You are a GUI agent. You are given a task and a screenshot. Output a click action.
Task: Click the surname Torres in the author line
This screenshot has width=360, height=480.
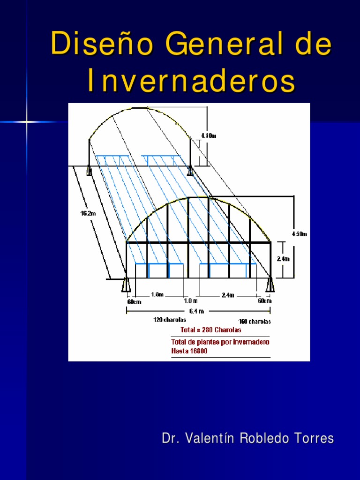click(313, 439)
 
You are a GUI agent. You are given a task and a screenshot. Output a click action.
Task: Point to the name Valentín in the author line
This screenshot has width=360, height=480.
click(211, 439)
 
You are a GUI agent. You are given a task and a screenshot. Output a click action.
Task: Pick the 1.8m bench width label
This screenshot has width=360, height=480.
click(157, 294)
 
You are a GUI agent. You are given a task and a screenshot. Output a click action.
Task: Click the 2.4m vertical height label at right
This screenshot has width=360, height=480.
click(284, 258)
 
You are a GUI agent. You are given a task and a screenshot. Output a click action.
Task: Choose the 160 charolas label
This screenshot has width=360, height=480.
click(255, 322)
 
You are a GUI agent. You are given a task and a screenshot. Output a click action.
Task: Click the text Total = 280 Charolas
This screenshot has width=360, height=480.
click(211, 330)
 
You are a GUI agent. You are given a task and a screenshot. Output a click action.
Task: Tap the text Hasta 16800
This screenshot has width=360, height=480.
click(189, 351)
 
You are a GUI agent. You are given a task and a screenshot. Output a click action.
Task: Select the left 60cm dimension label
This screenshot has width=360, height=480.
click(134, 301)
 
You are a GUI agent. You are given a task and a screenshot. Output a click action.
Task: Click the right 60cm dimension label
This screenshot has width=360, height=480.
click(264, 301)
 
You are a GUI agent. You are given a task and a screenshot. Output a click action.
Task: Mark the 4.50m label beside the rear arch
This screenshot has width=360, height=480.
click(209, 135)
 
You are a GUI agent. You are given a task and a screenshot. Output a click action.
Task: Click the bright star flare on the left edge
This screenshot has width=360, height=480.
click(27, 122)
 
